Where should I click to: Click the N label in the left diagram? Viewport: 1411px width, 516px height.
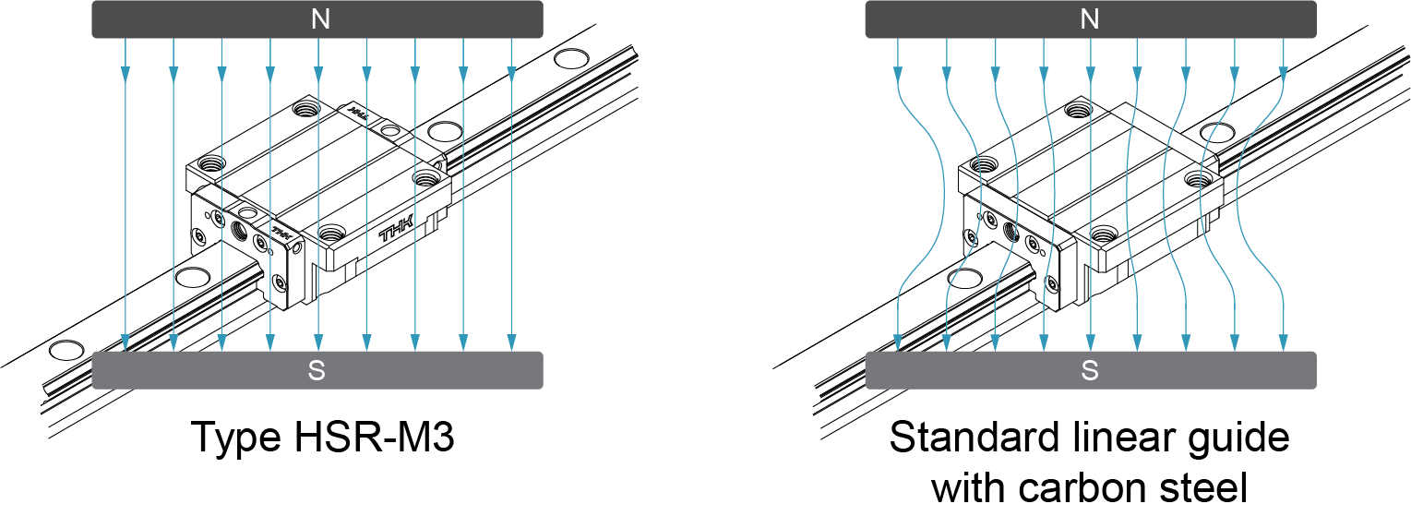click(x=320, y=19)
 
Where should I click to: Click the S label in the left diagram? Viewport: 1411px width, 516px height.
click(x=317, y=371)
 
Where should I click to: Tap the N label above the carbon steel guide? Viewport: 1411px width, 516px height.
click(x=1090, y=19)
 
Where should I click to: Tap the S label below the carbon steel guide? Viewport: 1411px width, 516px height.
click(x=1090, y=371)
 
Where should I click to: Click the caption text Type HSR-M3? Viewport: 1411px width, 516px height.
click(x=322, y=437)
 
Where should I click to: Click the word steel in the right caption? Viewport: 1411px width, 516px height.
click(x=1201, y=486)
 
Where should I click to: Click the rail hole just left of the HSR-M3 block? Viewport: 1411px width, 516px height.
click(x=193, y=277)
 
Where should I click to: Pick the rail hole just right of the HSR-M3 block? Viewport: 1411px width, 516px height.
click(x=445, y=130)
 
